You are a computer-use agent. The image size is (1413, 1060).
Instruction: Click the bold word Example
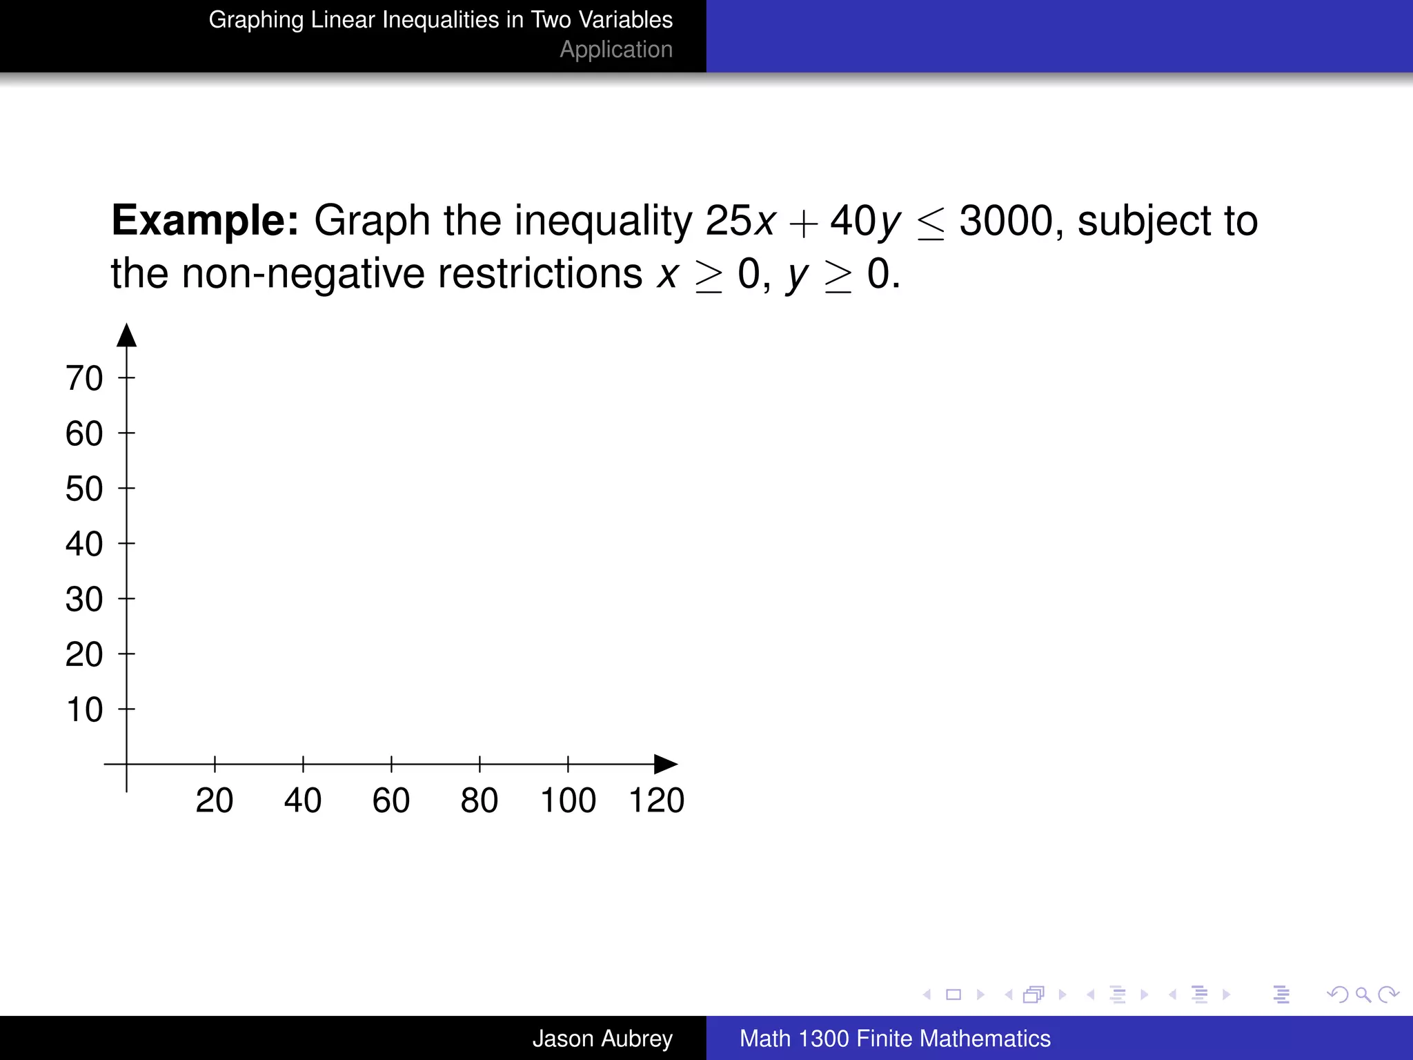pos(205,221)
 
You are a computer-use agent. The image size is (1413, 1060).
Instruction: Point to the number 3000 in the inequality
pos(1006,221)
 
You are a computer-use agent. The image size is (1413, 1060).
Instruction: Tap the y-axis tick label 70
pos(84,378)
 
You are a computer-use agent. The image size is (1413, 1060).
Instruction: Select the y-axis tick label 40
pos(84,544)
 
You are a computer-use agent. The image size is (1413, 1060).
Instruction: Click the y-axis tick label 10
pos(84,709)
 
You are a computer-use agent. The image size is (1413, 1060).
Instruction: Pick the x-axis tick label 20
pos(215,801)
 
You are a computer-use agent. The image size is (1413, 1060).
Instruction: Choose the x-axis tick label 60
pos(391,801)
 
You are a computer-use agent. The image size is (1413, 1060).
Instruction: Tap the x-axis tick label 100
pos(568,801)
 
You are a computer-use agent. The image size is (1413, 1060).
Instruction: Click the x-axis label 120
pos(656,801)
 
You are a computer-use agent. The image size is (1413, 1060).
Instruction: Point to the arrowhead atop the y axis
pos(126,335)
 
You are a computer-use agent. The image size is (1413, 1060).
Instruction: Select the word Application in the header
pos(616,50)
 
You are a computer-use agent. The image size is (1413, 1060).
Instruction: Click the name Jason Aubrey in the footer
pos(602,1039)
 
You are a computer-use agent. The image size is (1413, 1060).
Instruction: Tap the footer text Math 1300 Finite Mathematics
pos(895,1039)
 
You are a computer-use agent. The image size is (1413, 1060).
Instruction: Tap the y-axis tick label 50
pos(84,489)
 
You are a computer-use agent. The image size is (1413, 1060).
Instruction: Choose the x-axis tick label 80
pos(480,801)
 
